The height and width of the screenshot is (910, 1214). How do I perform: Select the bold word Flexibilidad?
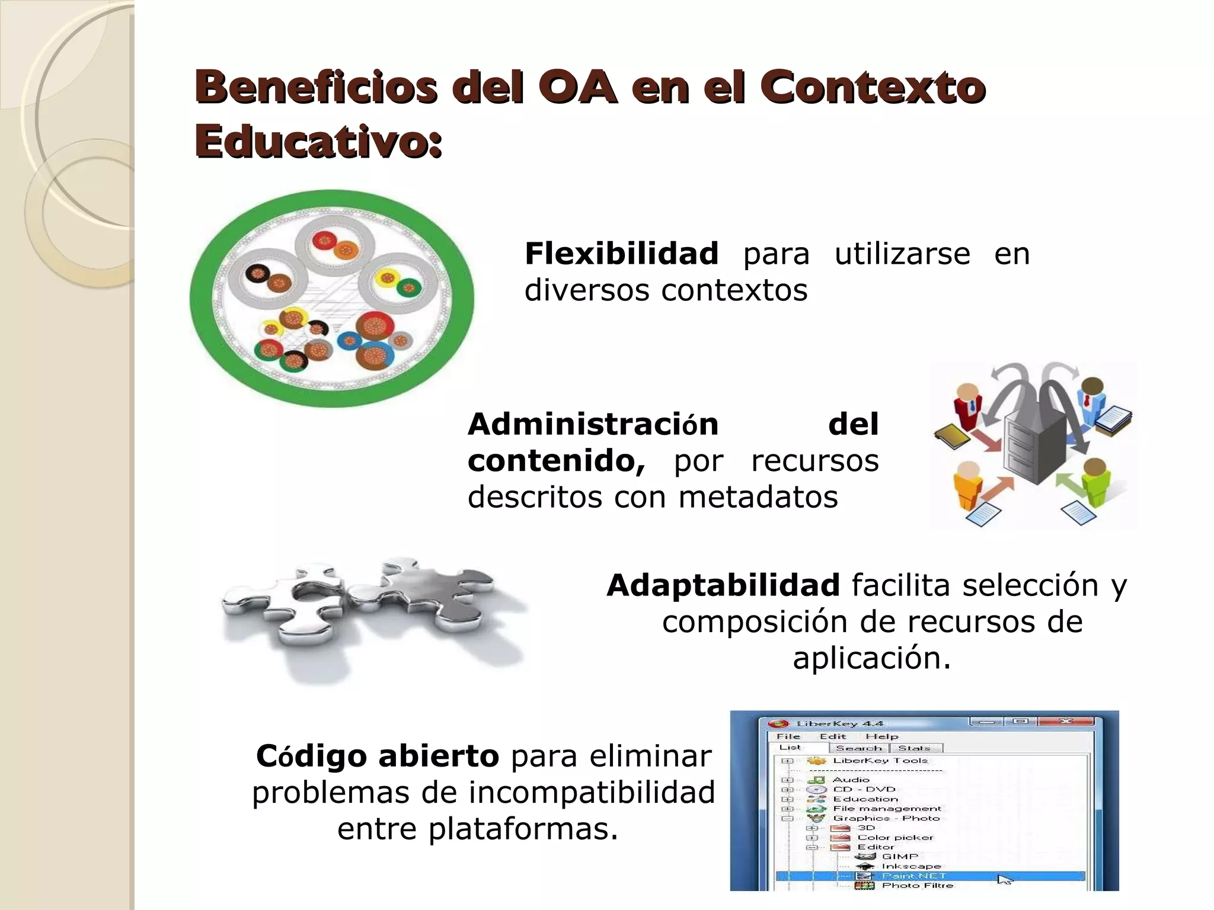click(621, 254)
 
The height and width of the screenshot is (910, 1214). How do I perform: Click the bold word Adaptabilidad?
click(723, 585)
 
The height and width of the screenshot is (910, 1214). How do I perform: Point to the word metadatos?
click(758, 497)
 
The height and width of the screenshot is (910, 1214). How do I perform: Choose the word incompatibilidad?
click(592, 792)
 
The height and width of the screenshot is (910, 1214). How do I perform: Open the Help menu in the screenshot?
click(881, 736)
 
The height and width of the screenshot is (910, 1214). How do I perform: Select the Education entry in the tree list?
click(865, 799)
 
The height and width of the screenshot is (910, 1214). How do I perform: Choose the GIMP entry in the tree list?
click(899, 856)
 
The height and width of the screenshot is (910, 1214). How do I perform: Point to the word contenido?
click(556, 461)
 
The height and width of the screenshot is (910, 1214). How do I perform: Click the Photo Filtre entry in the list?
click(917, 885)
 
